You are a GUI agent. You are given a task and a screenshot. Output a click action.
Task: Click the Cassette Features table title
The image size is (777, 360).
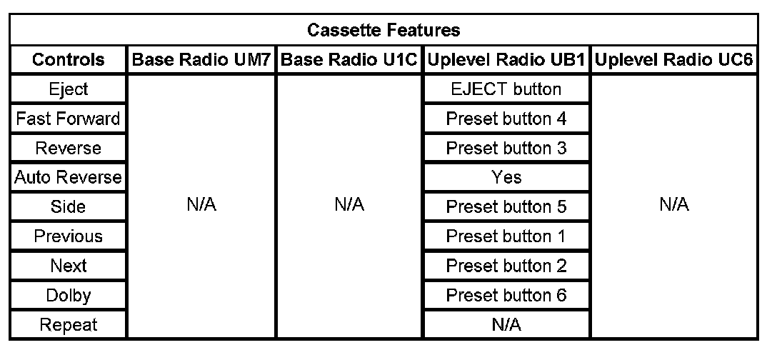(x=384, y=30)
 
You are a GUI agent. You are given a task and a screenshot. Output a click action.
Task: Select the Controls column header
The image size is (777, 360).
(x=68, y=59)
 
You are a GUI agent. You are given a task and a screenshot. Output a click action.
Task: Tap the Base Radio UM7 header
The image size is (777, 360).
(x=201, y=59)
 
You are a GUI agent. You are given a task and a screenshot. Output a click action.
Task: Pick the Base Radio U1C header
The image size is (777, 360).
(x=349, y=59)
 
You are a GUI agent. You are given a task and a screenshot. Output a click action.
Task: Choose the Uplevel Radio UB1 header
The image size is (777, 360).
(x=506, y=59)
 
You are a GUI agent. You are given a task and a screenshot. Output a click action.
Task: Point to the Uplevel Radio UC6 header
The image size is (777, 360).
(x=674, y=59)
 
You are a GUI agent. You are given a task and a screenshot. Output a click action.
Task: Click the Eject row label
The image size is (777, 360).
(x=68, y=89)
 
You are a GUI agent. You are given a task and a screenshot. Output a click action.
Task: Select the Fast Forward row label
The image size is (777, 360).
(x=68, y=119)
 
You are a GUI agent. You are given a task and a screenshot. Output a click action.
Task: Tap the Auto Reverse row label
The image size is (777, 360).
(x=68, y=177)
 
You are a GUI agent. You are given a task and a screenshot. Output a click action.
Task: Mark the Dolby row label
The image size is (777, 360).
(x=68, y=295)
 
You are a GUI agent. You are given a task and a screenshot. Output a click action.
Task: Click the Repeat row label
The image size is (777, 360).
(x=68, y=325)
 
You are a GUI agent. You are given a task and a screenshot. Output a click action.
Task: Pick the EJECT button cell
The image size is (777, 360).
(x=506, y=89)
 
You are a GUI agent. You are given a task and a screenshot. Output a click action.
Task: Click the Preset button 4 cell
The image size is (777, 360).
(x=506, y=119)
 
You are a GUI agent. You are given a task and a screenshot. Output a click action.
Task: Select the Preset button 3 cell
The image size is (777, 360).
(x=506, y=148)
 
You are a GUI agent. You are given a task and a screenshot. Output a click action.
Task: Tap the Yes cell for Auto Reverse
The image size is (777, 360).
(x=506, y=177)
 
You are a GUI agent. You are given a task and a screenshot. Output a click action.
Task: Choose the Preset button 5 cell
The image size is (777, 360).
(x=506, y=206)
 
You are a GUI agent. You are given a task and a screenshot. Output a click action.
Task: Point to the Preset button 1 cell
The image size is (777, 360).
(x=506, y=236)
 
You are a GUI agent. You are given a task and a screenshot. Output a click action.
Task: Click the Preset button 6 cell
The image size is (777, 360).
(x=506, y=295)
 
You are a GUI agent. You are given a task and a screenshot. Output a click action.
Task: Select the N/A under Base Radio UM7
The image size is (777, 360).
(x=201, y=204)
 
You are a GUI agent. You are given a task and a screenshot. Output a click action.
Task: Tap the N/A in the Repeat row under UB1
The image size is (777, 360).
(x=506, y=325)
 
